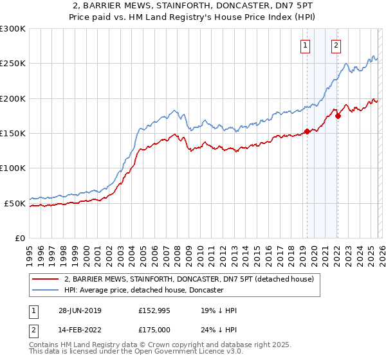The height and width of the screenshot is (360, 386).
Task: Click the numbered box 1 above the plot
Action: pyautogui.click(x=304, y=45)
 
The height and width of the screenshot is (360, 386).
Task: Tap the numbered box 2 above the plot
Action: pyautogui.click(x=336, y=45)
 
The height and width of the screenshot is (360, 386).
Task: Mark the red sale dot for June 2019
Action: pyautogui.click(x=307, y=131)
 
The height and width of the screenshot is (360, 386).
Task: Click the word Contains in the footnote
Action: pyautogui.click(x=44, y=345)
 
